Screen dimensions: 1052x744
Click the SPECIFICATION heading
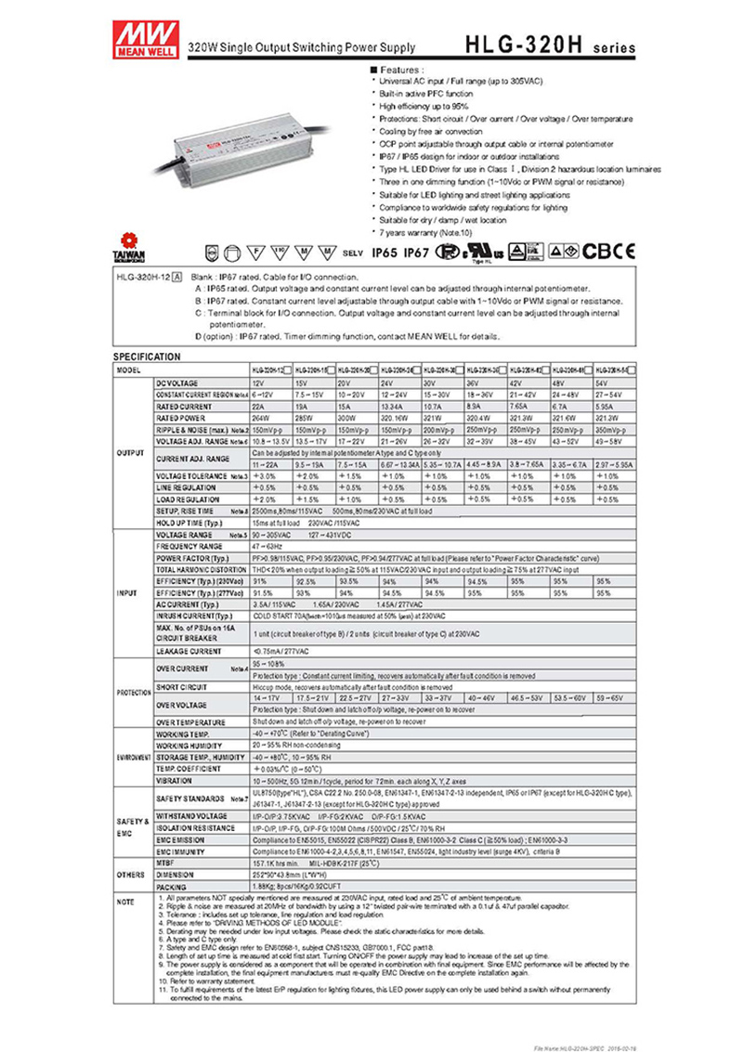(147, 357)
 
